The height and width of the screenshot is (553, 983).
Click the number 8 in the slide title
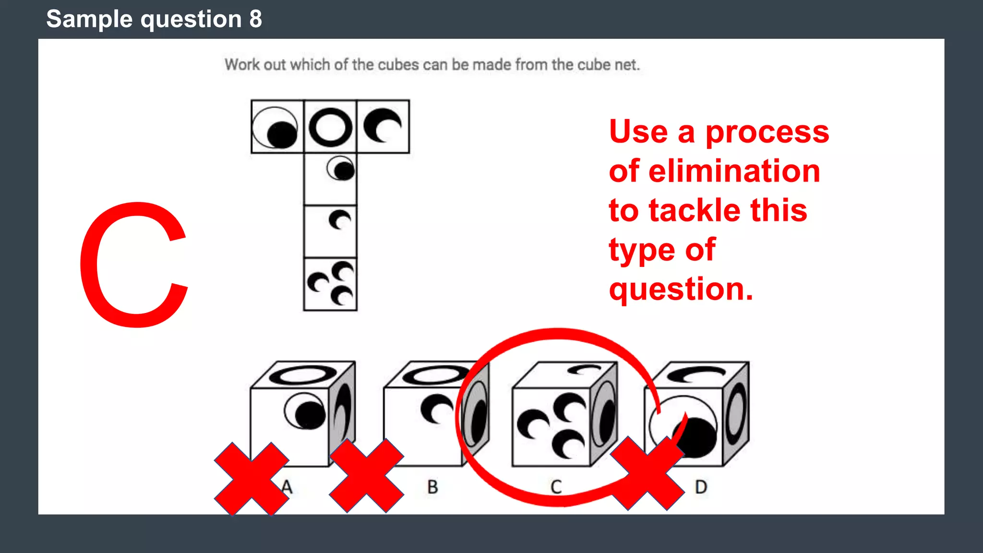[255, 19]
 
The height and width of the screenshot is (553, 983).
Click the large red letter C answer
[133, 265]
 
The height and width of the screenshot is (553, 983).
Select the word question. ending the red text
[681, 289]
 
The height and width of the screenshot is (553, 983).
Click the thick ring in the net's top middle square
[330, 127]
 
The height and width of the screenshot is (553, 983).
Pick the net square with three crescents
[330, 284]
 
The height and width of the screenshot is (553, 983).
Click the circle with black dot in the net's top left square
[276, 128]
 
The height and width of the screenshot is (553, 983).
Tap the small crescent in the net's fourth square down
[340, 220]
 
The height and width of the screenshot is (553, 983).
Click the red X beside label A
[252, 479]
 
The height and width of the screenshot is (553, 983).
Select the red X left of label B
[366, 476]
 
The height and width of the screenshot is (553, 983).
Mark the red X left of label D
[647, 473]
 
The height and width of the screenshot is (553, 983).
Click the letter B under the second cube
[432, 487]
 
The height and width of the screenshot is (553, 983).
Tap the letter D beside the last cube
[701, 487]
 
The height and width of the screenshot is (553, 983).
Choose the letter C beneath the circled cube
[556, 487]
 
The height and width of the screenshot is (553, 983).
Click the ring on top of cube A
[303, 374]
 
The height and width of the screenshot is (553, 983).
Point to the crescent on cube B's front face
[436, 409]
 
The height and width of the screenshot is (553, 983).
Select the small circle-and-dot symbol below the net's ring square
[341, 168]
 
